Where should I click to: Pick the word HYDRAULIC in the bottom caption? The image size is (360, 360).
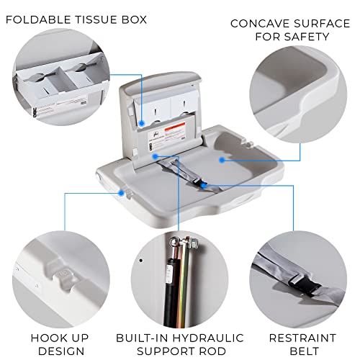click(210, 337)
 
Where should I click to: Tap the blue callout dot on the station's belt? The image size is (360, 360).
click(204, 185)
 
